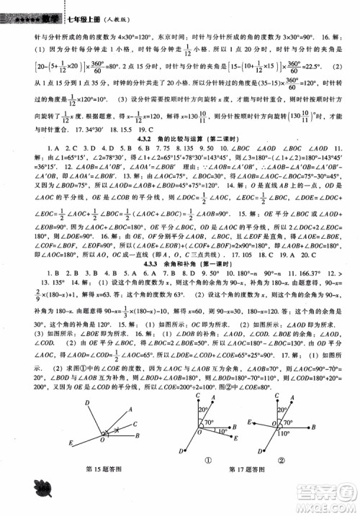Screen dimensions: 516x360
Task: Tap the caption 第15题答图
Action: tap(104, 489)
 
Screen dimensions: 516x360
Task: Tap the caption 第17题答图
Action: tap(247, 489)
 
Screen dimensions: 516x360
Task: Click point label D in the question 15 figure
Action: tap(87, 402)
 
